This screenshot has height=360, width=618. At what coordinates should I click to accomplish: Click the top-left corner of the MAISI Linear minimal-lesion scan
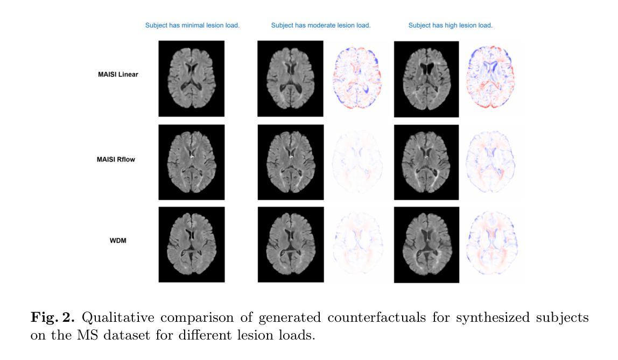[x=158, y=40]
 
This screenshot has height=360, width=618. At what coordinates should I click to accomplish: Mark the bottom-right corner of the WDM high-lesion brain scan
[x=459, y=283]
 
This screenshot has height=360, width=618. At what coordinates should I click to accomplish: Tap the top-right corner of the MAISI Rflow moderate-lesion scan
[x=324, y=125]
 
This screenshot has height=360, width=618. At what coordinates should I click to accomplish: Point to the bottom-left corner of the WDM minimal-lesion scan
[x=158, y=282]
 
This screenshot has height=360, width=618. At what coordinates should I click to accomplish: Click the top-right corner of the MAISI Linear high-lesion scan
[x=459, y=41]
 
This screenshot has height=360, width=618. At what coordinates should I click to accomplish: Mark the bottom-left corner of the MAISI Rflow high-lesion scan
[x=394, y=200]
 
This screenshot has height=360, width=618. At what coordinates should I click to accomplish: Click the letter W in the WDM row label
[x=113, y=241]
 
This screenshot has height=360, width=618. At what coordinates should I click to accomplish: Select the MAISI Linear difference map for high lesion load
[x=490, y=77]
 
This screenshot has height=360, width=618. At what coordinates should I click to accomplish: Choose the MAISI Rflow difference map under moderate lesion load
[x=357, y=162]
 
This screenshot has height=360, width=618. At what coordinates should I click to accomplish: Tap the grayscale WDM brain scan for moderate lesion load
[x=291, y=245]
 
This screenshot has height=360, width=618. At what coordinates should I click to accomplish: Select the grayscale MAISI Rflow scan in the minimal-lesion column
[x=192, y=163]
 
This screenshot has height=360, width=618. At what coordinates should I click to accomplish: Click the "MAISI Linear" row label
[x=118, y=74]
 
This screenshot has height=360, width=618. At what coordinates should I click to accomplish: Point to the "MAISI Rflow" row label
[x=116, y=159]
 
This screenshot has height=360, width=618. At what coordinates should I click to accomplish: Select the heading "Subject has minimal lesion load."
[x=192, y=26]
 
